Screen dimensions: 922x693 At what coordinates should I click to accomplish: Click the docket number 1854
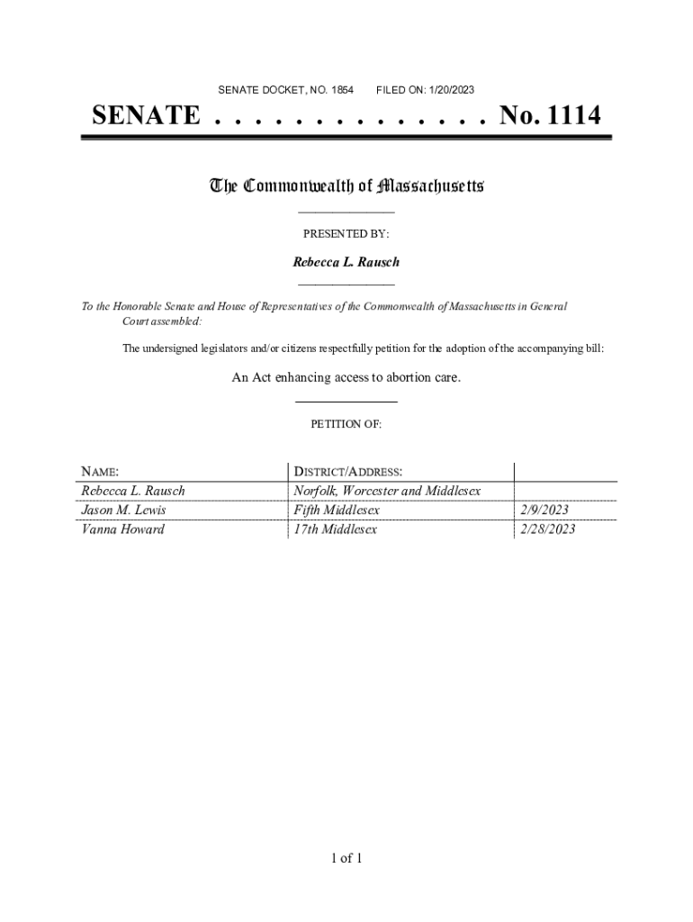(x=342, y=90)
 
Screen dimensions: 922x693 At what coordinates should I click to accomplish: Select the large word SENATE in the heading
(x=147, y=116)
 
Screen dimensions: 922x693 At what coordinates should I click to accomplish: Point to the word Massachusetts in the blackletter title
(x=431, y=186)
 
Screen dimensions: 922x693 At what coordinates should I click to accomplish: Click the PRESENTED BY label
(x=346, y=233)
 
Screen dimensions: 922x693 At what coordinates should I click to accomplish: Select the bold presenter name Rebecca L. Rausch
(x=346, y=262)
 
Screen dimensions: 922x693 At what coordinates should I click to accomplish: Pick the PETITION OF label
(x=346, y=424)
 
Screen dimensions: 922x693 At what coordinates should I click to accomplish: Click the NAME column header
(x=100, y=472)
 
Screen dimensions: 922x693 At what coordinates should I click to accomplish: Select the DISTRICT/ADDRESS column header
(x=347, y=472)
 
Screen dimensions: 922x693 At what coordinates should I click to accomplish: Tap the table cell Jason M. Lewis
(x=123, y=511)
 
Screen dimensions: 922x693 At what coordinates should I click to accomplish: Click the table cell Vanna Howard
(x=122, y=529)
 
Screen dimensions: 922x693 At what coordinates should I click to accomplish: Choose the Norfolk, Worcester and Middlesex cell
(x=387, y=492)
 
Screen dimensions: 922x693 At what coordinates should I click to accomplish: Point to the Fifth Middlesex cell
(x=337, y=511)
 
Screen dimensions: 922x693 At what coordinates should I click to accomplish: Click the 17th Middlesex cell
(x=335, y=529)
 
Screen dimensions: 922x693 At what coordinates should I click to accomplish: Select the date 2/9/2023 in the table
(x=544, y=511)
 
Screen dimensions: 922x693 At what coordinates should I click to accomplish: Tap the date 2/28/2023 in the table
(x=547, y=529)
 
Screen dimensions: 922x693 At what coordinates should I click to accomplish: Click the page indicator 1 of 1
(x=346, y=858)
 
